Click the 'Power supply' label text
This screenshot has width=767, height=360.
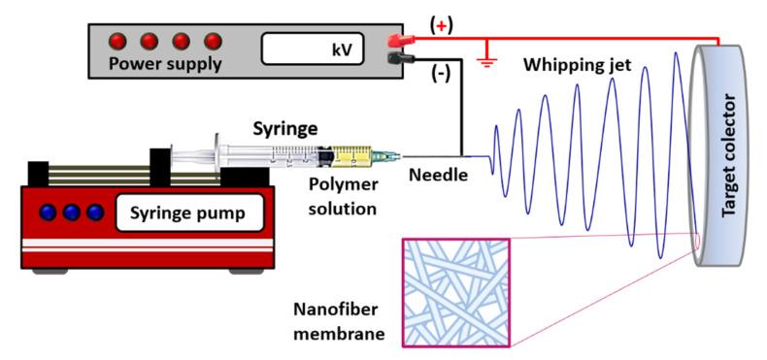pyautogui.click(x=164, y=66)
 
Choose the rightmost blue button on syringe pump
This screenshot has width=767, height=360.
pyautogui.click(x=94, y=212)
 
